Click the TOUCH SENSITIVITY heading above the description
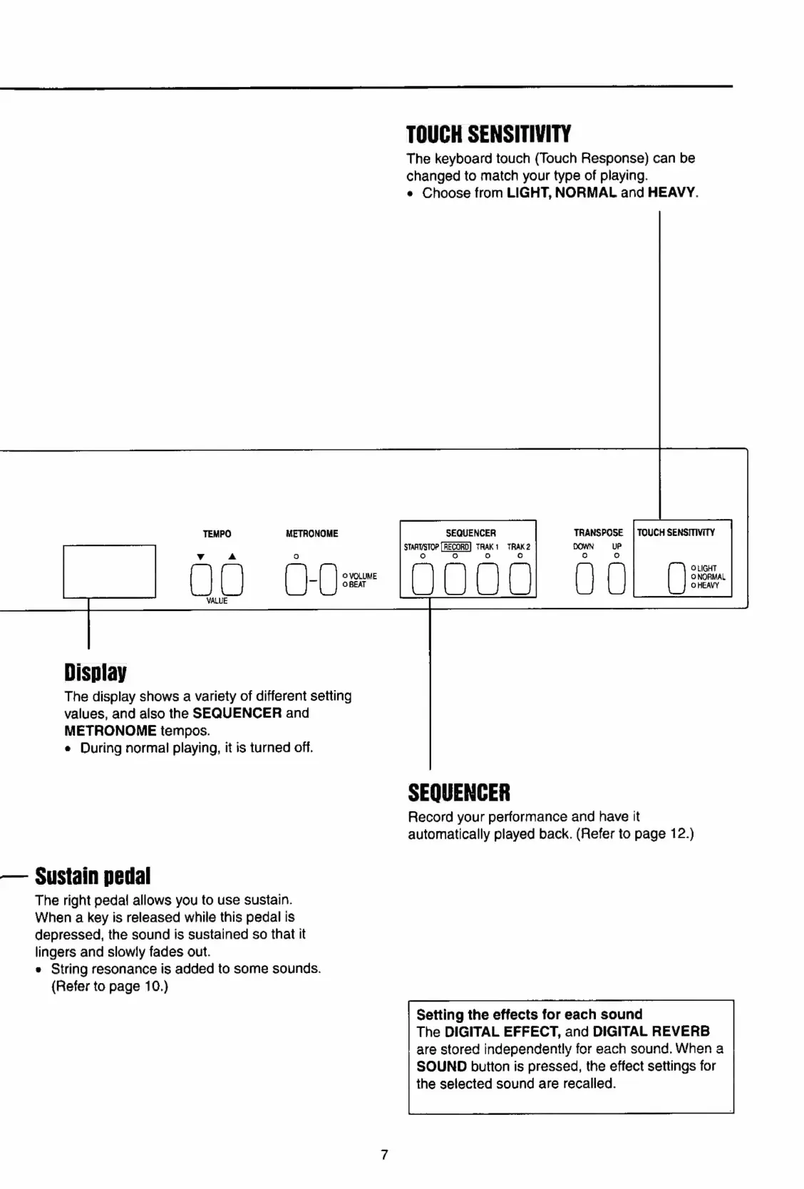click(x=489, y=134)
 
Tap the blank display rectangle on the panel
click(x=109, y=571)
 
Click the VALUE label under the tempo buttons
click(x=217, y=602)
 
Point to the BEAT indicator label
click(x=356, y=585)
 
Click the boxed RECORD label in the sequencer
click(x=456, y=547)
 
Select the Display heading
click(x=95, y=672)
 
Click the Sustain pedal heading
click(x=93, y=875)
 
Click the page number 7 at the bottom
click(x=384, y=1155)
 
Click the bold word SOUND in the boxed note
click(x=441, y=1066)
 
